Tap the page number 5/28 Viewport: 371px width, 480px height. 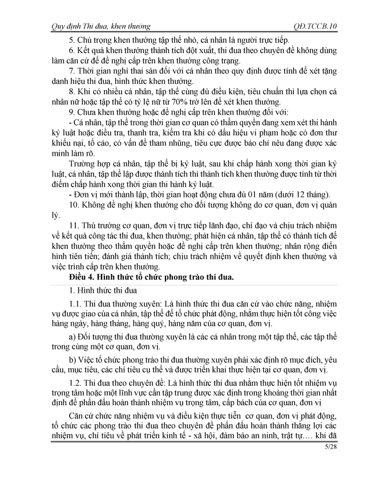(322, 455)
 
